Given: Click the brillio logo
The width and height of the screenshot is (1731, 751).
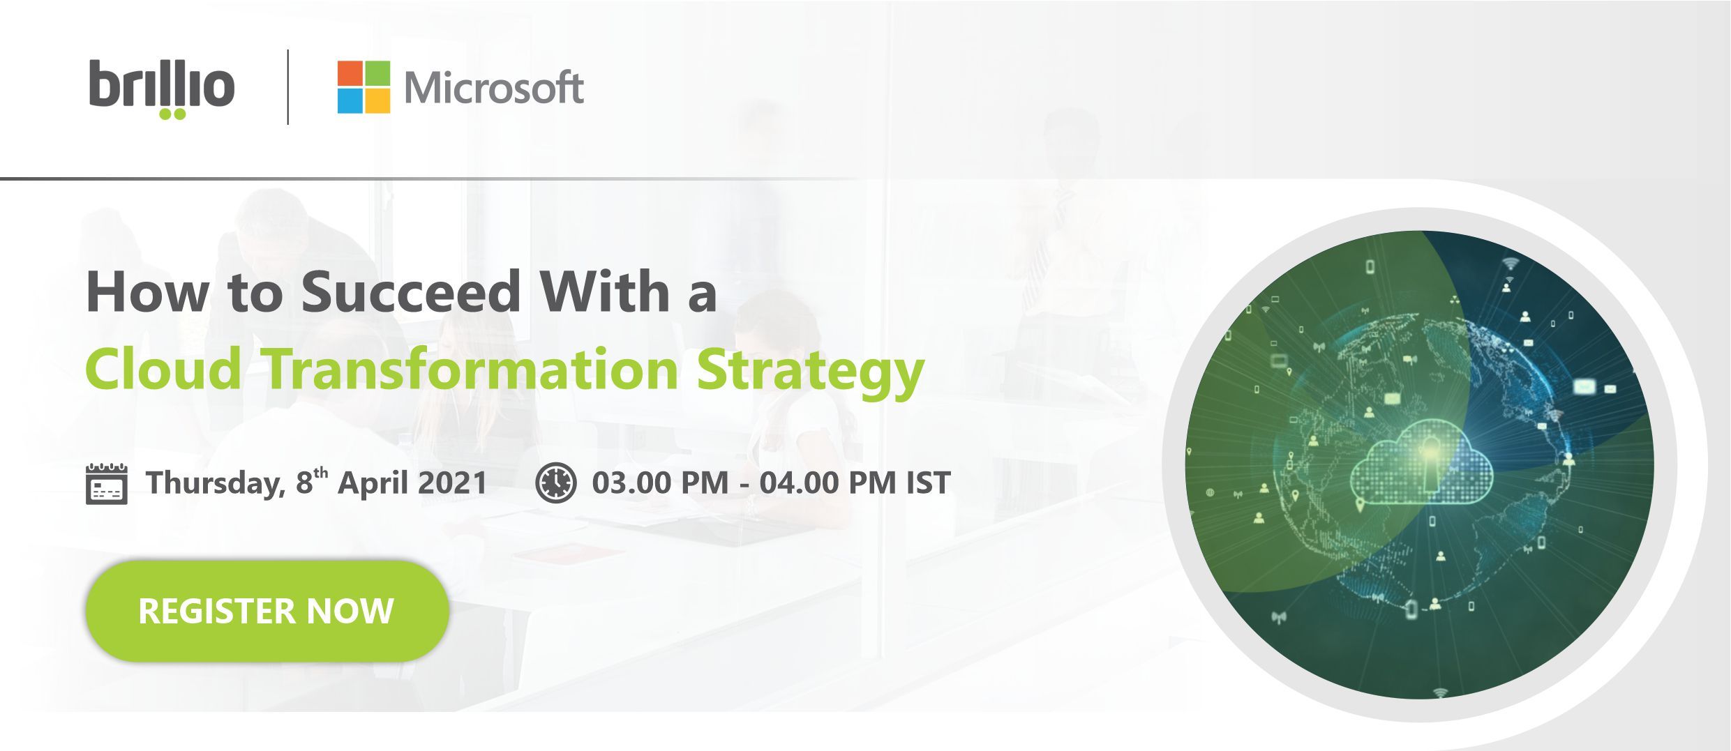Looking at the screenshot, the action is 162,89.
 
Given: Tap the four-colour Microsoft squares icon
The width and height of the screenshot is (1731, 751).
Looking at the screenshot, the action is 364,86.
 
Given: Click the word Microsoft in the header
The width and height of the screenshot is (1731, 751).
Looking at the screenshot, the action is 494,88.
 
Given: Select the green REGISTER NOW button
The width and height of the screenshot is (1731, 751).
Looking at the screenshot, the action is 267,611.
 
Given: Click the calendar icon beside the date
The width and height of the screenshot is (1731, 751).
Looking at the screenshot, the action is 106,483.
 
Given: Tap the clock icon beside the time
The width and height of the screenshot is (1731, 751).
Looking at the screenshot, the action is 556,483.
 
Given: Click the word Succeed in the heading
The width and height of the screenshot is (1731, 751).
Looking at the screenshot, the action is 411,291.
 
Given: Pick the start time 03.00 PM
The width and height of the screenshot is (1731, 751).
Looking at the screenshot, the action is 660,483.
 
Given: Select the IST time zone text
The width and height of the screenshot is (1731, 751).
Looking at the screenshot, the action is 929,483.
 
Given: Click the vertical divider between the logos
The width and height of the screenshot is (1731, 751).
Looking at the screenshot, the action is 288,87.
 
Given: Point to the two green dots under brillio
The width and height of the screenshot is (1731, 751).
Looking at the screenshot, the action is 172,114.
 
